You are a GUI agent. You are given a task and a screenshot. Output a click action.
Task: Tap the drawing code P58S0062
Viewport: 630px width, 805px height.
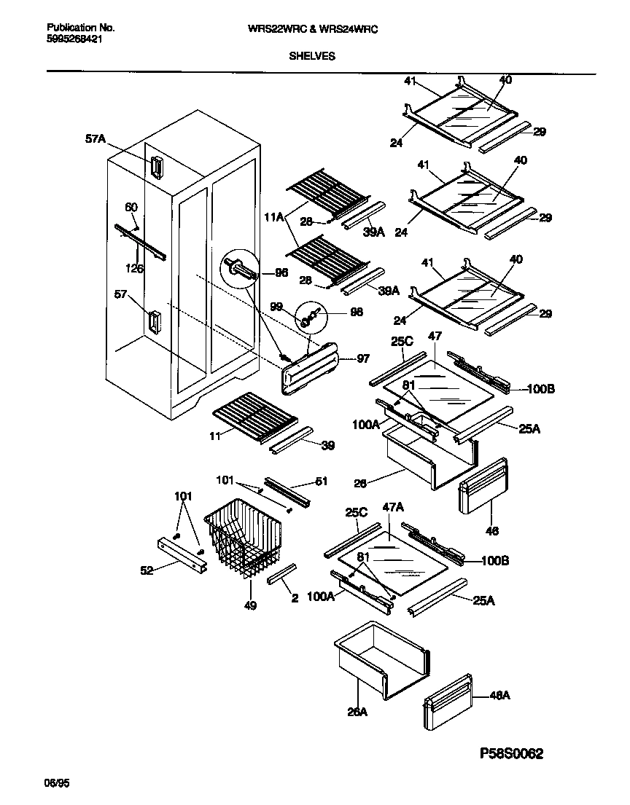pyautogui.click(x=501, y=754)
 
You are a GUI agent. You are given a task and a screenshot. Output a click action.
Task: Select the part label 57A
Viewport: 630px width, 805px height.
pyautogui.click(x=96, y=137)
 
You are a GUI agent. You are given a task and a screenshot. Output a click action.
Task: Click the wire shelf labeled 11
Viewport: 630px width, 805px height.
pyautogui.click(x=254, y=414)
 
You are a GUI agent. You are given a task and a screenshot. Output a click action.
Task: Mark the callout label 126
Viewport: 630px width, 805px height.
pyautogui.click(x=133, y=269)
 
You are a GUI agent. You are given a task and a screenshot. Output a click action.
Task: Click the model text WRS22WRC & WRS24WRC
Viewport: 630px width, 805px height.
pyautogui.click(x=316, y=29)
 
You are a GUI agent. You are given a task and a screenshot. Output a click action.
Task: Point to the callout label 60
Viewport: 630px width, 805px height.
pyautogui.click(x=131, y=207)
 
